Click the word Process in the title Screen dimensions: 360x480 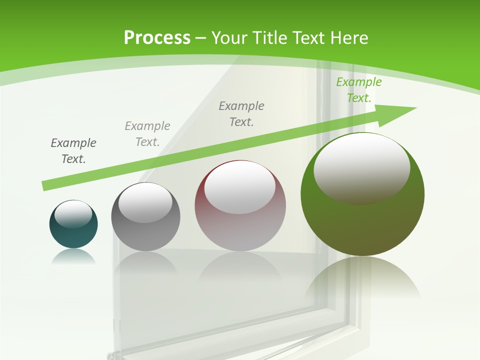[x=157, y=38]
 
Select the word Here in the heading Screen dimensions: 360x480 [x=349, y=38]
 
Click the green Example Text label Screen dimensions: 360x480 [x=358, y=90]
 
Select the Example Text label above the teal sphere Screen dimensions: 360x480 [x=73, y=151]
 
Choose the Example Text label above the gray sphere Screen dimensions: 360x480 [x=147, y=134]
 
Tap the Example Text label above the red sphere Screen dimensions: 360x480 [x=241, y=114]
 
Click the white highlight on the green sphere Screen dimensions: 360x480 [x=362, y=167]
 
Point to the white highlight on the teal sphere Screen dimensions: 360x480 [x=73, y=214]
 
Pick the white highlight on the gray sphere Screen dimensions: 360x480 [x=145, y=203]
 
